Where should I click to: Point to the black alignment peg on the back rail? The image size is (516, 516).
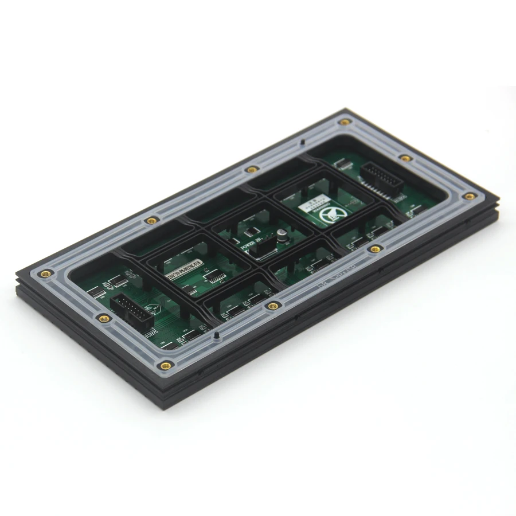[302, 142]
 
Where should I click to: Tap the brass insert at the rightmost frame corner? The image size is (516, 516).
[470, 196]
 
